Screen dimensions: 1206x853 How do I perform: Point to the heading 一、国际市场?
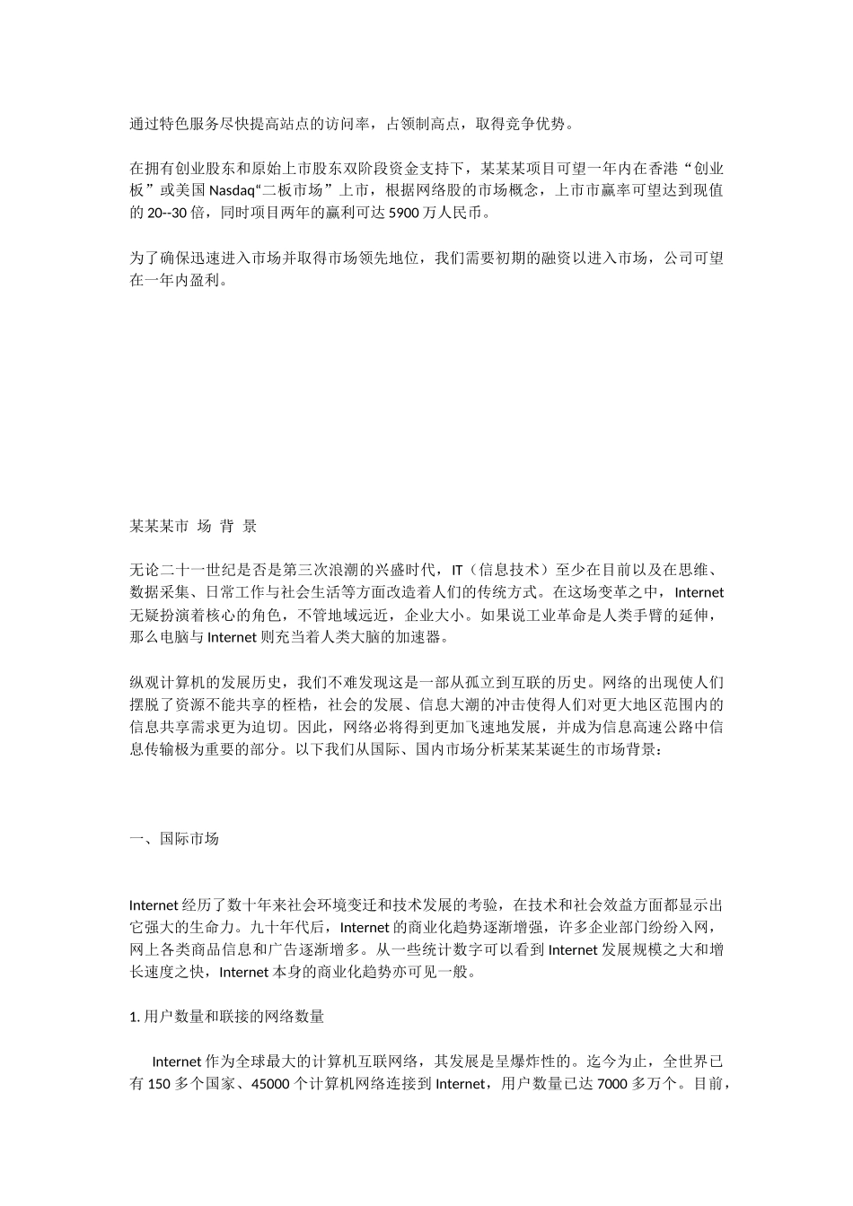[174, 839]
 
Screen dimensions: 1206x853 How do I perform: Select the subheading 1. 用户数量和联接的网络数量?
[227, 1017]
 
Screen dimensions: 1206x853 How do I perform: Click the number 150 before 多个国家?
[158, 1084]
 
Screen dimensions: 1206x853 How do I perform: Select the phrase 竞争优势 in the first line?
[530, 124]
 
